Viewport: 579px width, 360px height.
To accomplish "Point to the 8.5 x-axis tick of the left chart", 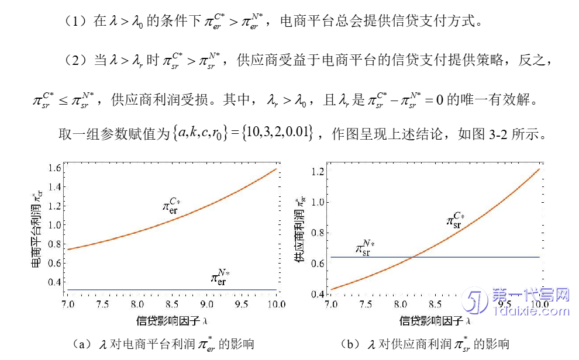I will [x=172, y=304].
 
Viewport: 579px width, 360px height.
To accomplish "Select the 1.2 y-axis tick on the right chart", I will [x=318, y=172].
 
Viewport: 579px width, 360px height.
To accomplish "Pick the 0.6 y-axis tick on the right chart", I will [x=318, y=263].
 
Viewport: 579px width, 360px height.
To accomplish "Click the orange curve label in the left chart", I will [x=174, y=206].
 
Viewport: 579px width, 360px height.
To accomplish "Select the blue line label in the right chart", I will [x=366, y=247].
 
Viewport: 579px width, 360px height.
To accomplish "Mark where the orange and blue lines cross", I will [x=413, y=257].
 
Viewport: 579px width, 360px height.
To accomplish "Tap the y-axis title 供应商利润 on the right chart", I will [x=299, y=231].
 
